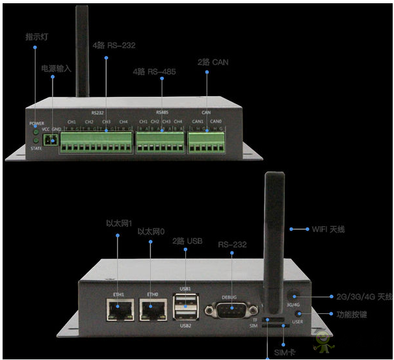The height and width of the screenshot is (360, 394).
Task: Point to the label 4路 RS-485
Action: point(155,71)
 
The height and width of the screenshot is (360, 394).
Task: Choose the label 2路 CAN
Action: point(213,62)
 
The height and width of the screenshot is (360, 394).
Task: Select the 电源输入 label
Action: point(55,68)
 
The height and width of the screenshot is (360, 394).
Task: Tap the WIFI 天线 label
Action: point(328,229)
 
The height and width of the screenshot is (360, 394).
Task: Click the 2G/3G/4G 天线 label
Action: point(355,296)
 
